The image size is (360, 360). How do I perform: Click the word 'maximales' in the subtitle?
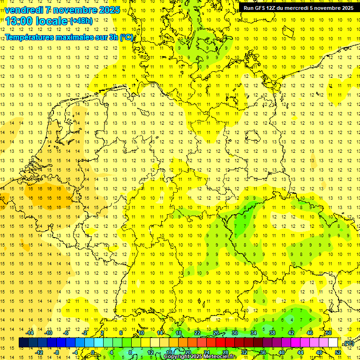tap(75, 37)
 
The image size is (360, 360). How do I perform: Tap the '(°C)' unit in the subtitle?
tap(126, 37)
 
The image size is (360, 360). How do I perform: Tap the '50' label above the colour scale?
tap(329, 333)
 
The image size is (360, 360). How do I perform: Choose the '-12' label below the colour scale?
tap(39, 352)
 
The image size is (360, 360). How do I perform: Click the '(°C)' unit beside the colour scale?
tap(349, 344)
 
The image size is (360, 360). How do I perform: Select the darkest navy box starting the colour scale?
tap(23, 343)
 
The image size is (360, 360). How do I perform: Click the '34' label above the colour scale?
tap(254, 333)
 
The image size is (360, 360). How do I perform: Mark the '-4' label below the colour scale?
tap(75, 352)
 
